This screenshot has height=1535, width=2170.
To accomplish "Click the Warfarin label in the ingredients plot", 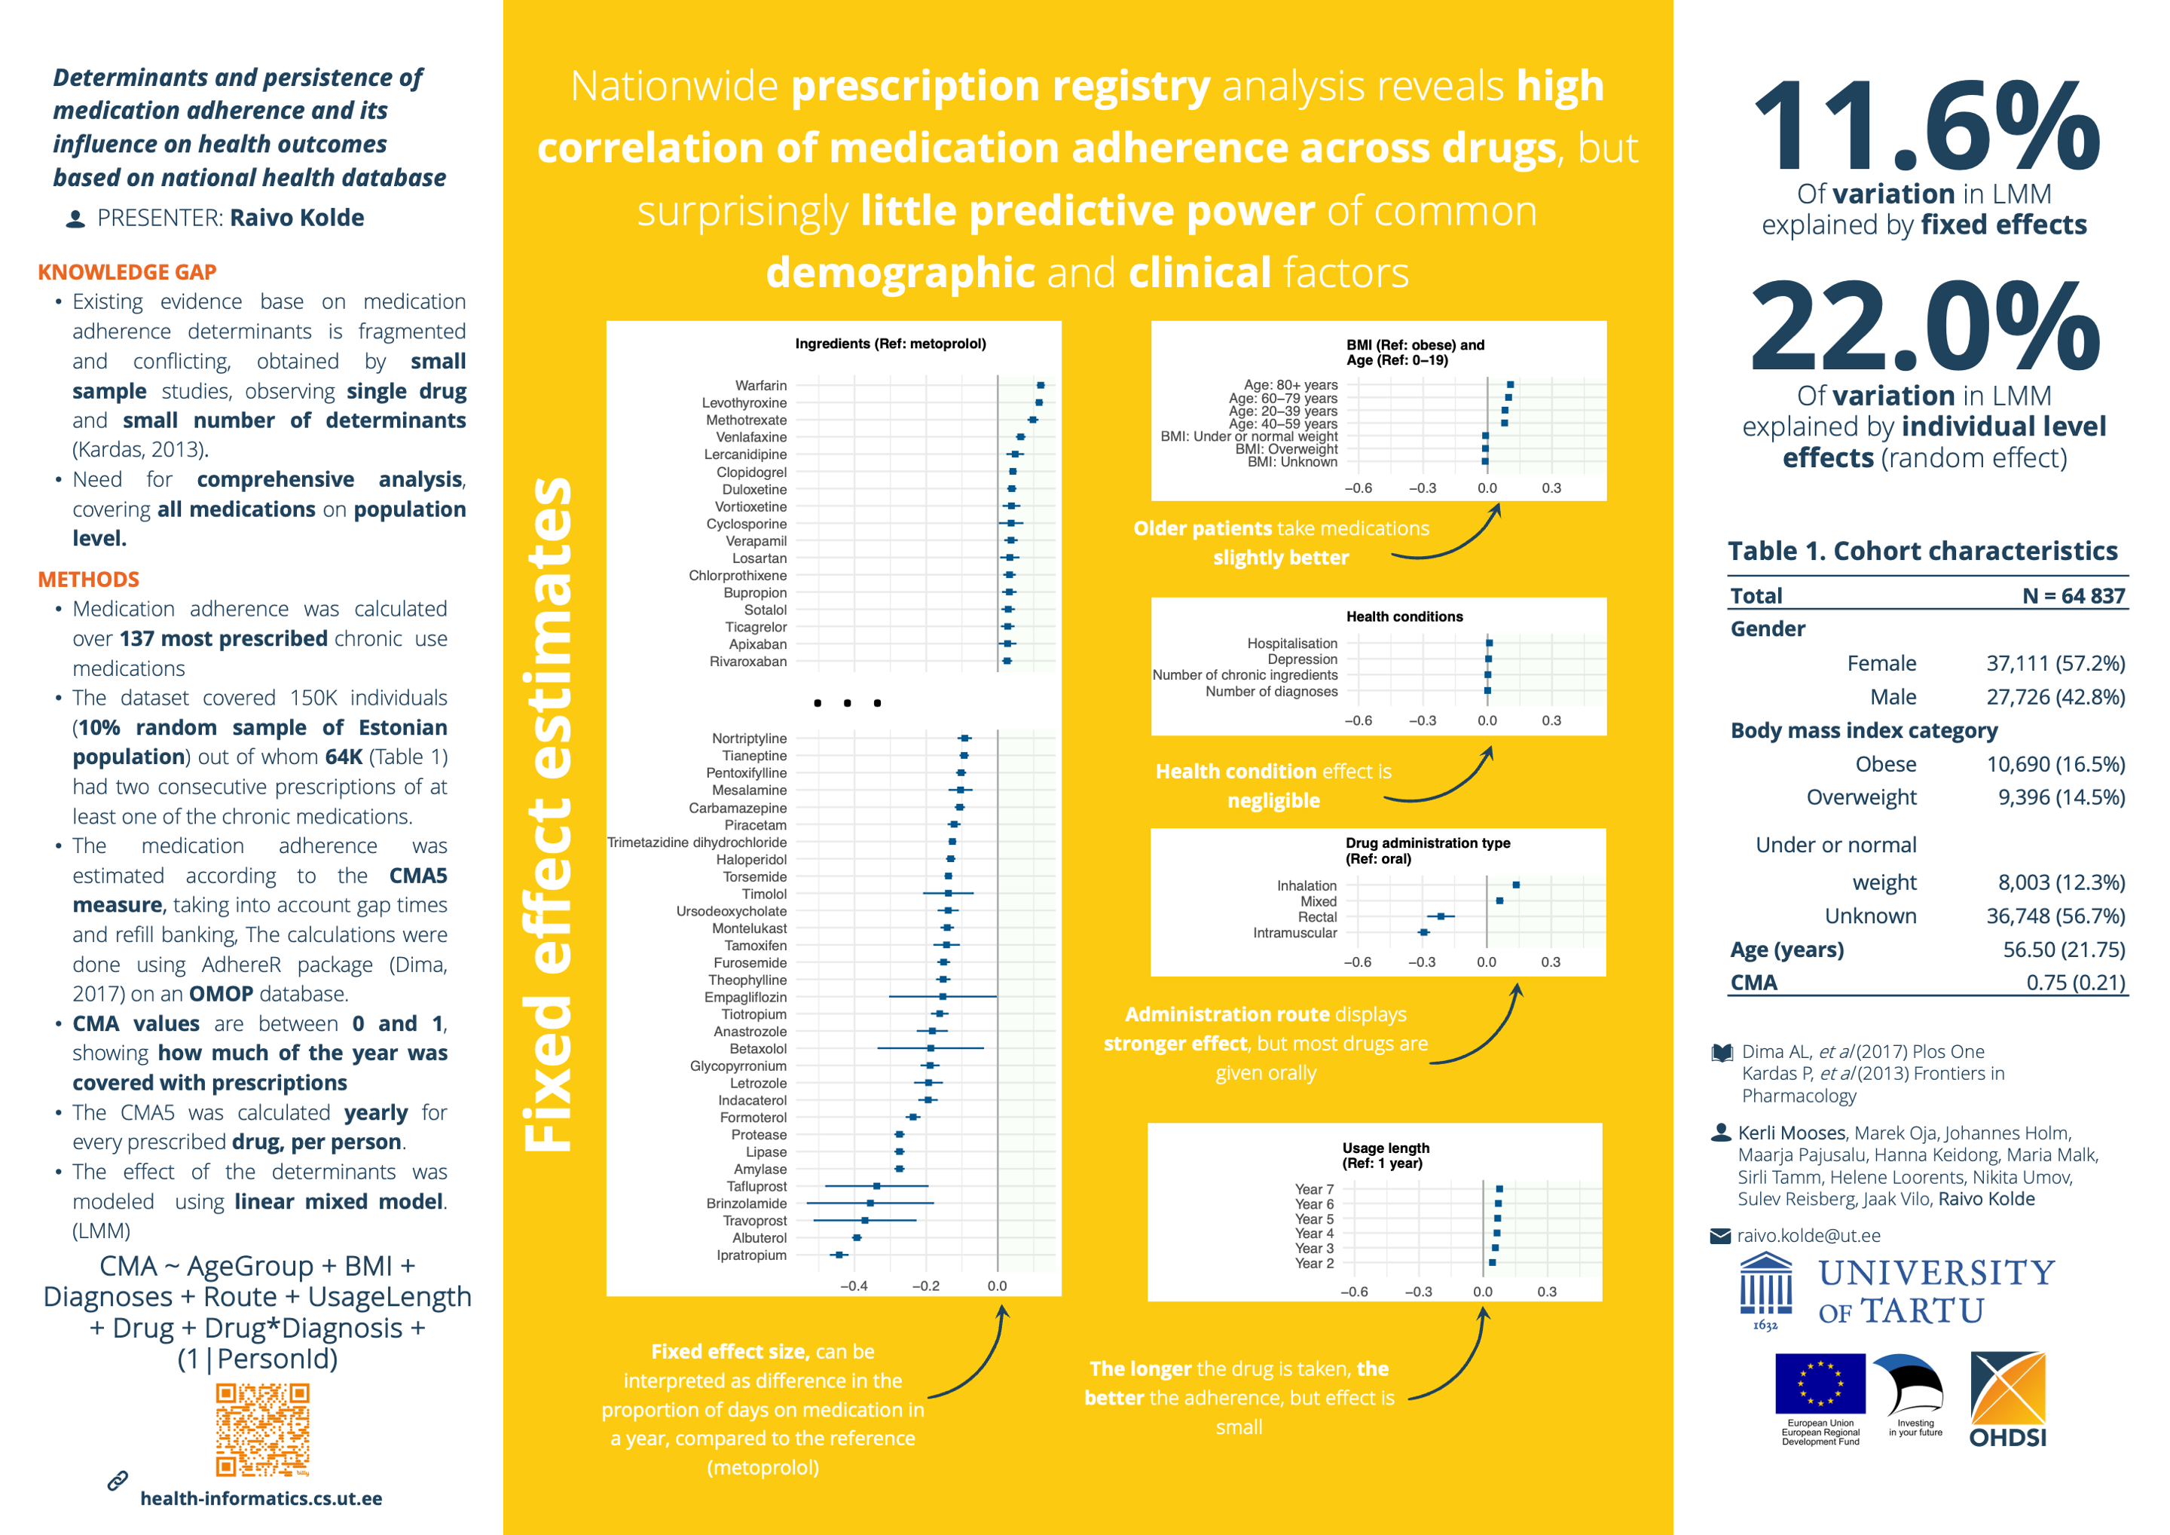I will [761, 386].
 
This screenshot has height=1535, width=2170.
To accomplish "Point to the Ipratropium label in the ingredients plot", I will [751, 1255].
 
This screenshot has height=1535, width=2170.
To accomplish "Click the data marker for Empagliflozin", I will [943, 996].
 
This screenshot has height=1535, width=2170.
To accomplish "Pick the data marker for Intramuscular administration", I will [1423, 933].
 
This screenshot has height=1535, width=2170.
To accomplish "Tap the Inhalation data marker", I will [1516, 885].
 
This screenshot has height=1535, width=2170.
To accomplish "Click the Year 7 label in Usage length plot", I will [1314, 1189].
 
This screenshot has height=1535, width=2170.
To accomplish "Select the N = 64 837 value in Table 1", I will [2074, 595].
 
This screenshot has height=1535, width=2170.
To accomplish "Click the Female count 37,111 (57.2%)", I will [2055, 664].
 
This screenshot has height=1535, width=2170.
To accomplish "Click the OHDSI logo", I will [2009, 1399].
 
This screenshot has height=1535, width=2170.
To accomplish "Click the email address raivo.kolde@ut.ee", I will [1808, 1235].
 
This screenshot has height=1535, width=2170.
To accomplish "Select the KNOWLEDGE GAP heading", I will [127, 272].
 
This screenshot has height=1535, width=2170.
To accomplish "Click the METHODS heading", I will [88, 579].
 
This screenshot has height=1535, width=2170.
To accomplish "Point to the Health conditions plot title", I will [1404, 616].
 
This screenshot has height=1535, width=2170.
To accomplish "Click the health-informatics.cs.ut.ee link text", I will [261, 1498].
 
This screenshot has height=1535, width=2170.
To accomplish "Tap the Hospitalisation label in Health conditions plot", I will [1292, 644].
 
